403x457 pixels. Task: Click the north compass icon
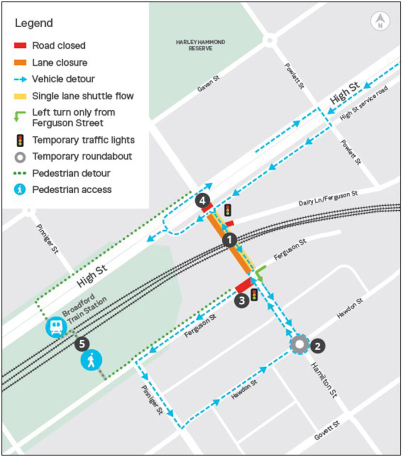point(380,21)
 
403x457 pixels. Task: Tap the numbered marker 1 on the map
point(229,240)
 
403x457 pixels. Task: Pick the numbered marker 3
point(241,300)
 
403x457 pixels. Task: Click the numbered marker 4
point(202,201)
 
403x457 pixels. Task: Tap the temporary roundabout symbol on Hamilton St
point(299,345)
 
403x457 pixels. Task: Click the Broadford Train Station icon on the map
point(55,327)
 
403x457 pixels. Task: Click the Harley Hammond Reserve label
point(200,45)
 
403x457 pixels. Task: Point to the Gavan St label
point(209,84)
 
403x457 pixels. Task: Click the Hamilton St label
point(324,379)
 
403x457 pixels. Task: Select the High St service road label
point(363,103)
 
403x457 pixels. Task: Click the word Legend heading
point(34,23)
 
